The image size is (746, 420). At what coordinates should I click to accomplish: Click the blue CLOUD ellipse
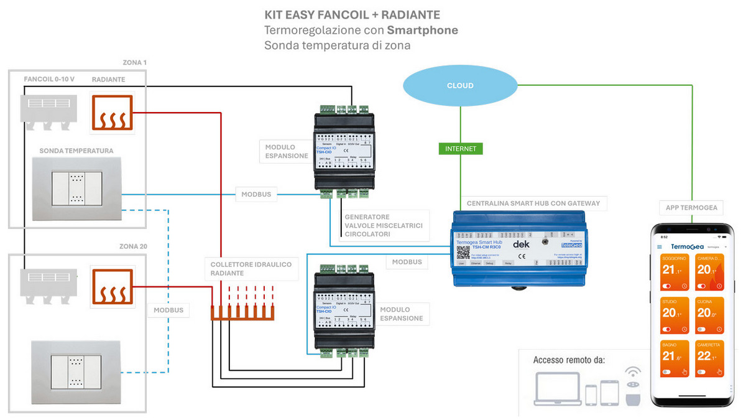click(460, 85)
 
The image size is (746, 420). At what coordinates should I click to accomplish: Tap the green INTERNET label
click(460, 149)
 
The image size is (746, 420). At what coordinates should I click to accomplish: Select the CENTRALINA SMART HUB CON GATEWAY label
click(533, 203)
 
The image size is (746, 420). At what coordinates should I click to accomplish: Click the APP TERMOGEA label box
click(690, 207)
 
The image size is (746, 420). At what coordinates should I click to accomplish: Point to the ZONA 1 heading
click(134, 63)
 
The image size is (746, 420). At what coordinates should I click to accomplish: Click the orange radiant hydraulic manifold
click(242, 312)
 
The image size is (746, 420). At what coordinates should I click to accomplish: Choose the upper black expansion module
click(344, 148)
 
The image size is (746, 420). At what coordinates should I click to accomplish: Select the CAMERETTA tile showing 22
click(709, 359)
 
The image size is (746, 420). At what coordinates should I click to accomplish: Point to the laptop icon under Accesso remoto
click(557, 389)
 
